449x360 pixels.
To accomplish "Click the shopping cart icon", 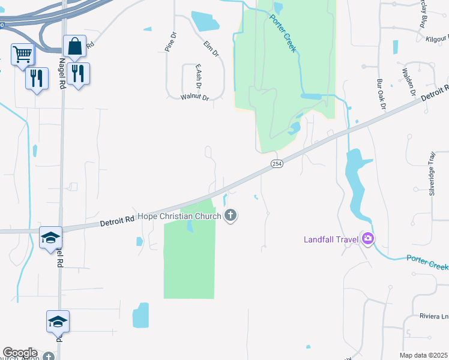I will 22,55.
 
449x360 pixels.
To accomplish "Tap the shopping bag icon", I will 74,46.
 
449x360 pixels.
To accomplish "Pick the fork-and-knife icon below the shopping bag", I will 78,74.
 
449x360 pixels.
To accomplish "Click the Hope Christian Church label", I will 180,216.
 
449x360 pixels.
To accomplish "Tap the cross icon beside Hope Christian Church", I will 231,216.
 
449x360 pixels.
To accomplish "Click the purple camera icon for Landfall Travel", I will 367,239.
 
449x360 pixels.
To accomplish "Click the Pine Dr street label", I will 172,41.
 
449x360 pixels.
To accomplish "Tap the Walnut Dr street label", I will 194,97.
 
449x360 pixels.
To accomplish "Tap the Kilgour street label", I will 432,38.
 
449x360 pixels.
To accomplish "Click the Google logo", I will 20,353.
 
